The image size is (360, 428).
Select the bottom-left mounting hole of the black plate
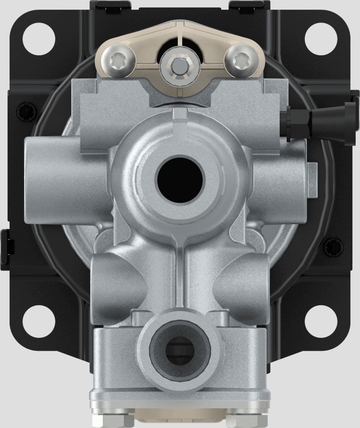pos(40,320)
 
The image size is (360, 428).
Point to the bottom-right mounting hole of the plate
pos(320,320)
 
